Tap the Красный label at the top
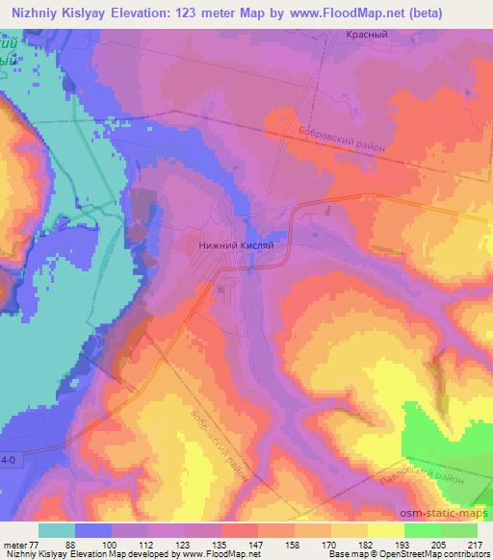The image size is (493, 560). point(366,34)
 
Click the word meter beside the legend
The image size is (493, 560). point(13,544)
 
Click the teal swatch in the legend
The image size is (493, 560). point(56,530)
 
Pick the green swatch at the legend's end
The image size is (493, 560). point(459,530)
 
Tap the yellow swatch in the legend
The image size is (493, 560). point(386,530)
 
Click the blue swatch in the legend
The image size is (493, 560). point(93,530)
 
